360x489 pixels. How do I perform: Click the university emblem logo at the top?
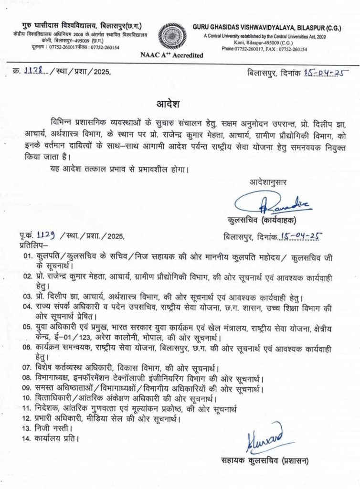point(180,36)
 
